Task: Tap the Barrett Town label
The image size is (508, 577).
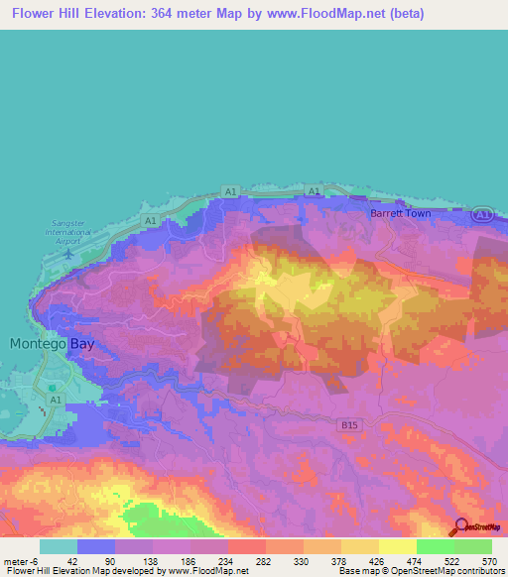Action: click(398, 213)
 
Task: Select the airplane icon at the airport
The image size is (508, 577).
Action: click(66, 252)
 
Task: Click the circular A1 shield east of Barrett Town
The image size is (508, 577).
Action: click(481, 214)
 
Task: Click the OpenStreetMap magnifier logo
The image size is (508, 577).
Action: click(459, 526)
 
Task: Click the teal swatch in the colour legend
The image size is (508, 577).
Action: click(58, 546)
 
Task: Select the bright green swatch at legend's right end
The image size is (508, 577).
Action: click(472, 546)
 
